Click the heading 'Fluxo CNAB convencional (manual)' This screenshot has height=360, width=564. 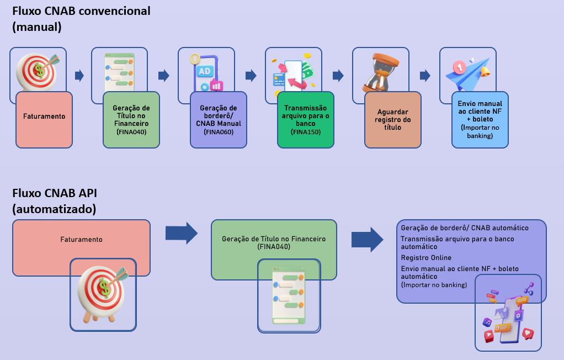[x=81, y=18]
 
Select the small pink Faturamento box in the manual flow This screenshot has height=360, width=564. [x=44, y=120]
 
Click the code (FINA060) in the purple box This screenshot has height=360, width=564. [x=219, y=133]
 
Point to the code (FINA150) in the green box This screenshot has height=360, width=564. [x=305, y=133]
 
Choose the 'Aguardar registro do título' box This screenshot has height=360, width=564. [x=392, y=120]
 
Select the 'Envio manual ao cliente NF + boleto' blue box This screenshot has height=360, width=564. [x=480, y=120]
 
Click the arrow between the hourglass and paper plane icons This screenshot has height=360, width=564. [x=425, y=76]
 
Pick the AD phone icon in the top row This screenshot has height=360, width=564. [x=205, y=72]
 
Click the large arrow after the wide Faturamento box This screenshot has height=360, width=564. [x=181, y=234]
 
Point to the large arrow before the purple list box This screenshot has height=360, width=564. [x=367, y=239]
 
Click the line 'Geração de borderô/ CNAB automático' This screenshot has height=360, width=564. [x=465, y=228]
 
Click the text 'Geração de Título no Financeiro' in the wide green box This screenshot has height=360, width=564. [x=274, y=239]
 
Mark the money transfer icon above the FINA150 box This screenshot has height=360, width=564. [x=291, y=73]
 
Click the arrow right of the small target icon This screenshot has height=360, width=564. [x=79, y=76]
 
